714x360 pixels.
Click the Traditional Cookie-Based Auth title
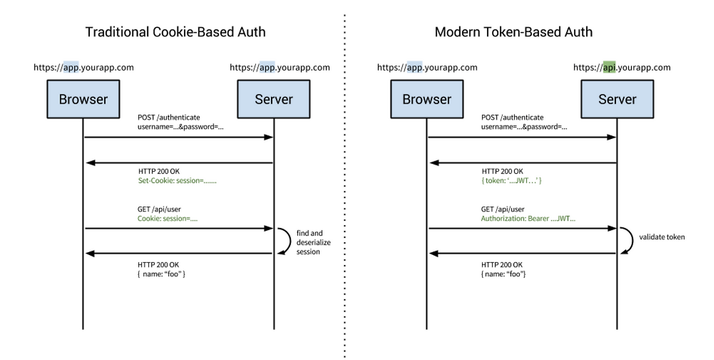tap(175, 32)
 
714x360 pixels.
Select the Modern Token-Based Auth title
tap(513, 32)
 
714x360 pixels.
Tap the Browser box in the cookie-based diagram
tap(83, 99)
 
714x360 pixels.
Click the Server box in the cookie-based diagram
tap(273, 99)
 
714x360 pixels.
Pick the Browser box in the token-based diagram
tap(427, 99)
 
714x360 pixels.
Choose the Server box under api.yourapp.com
tap(617, 99)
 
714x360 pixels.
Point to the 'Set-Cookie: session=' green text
tap(177, 181)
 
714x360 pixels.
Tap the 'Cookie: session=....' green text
tap(168, 219)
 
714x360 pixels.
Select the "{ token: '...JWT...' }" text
tap(512, 181)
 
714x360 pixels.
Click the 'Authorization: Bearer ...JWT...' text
tap(528, 219)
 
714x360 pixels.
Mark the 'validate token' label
tap(662, 237)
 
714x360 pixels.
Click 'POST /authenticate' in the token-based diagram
tap(512, 117)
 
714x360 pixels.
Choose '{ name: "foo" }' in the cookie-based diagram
tap(161, 274)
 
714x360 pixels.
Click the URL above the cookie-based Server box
tap(279, 68)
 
